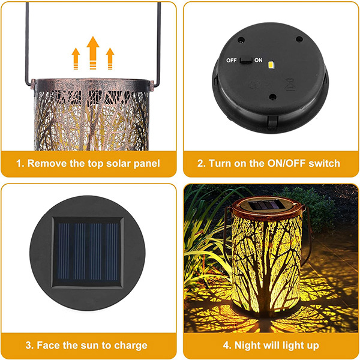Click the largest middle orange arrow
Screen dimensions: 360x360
click(93, 52)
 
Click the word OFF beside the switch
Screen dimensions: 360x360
click(231, 61)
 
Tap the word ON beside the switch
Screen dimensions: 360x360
click(258, 60)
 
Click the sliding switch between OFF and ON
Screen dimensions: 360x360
click(246, 61)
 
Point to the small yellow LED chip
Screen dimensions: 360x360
click(271, 65)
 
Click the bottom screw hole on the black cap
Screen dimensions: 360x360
click(272, 97)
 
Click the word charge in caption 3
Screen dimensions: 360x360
click(131, 346)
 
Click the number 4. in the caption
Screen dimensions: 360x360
click(227, 346)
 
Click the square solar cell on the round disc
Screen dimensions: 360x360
click(87, 253)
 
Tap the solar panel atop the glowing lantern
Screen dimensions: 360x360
click(266, 205)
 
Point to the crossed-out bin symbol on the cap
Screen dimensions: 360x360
click(290, 84)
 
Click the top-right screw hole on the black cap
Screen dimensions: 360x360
click(299, 39)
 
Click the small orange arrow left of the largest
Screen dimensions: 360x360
click(76, 59)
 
